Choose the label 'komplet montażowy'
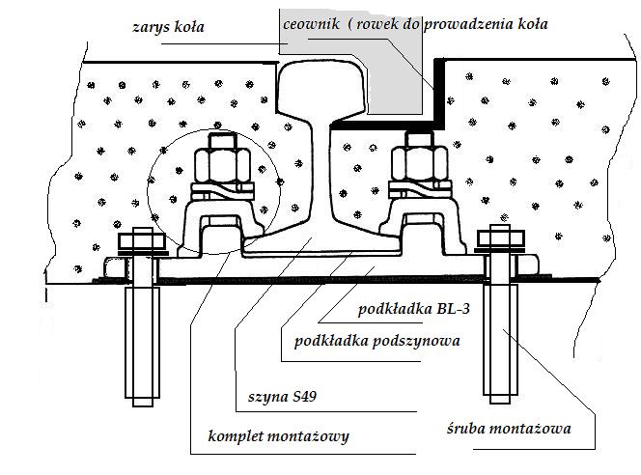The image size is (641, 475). tap(279, 436)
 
